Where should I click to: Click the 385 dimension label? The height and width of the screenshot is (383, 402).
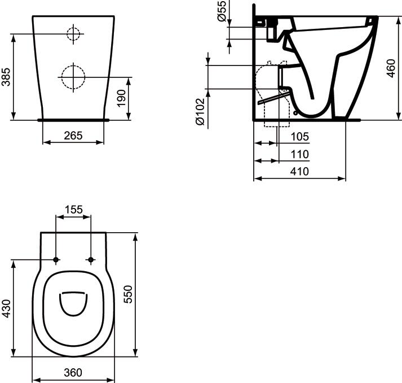[6, 77]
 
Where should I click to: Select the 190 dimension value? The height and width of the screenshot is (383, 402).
[121, 98]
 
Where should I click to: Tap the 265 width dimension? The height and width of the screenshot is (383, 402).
[73, 136]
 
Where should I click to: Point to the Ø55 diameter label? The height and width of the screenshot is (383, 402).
[222, 11]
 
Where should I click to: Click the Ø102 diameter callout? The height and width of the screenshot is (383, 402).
[200, 111]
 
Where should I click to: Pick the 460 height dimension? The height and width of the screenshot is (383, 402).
[391, 68]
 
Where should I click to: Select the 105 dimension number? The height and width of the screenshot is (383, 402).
[300, 137]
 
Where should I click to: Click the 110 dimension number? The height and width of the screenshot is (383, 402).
[300, 154]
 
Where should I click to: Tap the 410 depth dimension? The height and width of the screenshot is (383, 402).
[299, 171]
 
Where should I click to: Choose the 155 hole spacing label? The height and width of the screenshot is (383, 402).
[74, 210]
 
